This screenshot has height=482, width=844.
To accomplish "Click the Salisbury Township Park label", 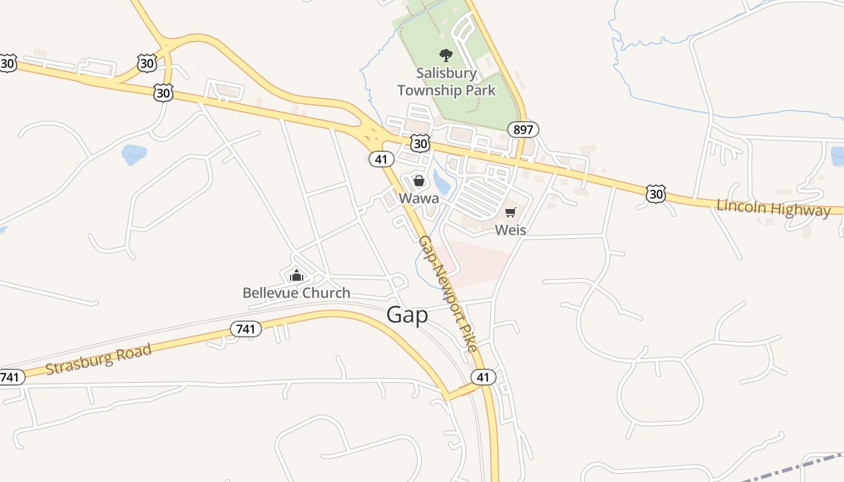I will point(446,82).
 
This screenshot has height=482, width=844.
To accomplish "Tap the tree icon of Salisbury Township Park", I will point(446,56).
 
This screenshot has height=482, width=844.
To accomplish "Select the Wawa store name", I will point(418,198).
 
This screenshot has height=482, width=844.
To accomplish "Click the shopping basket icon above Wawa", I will point(419,181).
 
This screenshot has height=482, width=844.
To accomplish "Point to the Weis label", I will point(510,230).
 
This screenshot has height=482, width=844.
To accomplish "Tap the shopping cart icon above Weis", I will point(511,212).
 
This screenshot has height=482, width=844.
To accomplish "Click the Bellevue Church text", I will point(296,293).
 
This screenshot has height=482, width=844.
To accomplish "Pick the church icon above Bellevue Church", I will point(296,276).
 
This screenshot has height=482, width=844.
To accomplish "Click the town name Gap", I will point(407,315).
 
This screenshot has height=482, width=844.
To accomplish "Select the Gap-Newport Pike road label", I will point(448,294).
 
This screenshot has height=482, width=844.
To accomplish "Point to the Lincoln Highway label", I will point(773,208).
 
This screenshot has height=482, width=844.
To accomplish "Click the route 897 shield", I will point(523,130).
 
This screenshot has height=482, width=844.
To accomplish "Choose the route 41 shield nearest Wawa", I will point(381,159).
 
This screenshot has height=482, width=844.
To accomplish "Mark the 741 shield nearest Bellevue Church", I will point(246,329).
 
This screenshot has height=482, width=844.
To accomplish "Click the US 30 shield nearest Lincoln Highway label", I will point(655,193).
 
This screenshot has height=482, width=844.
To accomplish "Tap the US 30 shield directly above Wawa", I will point(420,143).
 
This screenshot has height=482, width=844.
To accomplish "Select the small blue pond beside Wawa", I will point(441,181).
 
